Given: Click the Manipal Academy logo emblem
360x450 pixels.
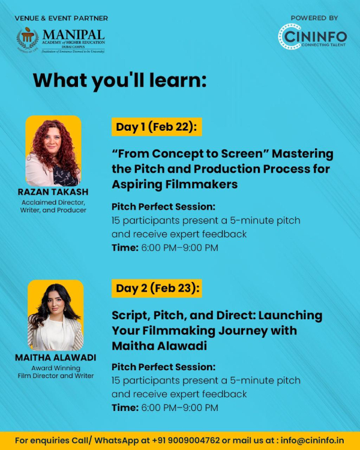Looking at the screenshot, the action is click(28, 40).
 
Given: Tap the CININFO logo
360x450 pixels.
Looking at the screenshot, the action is click(313, 37).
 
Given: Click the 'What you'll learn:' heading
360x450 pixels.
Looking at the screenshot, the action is click(120, 80).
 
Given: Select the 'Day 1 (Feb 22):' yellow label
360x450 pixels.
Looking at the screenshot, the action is click(157, 127).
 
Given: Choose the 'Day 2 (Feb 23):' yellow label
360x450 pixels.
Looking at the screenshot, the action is click(157, 288).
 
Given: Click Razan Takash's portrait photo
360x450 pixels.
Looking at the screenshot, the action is click(53, 151).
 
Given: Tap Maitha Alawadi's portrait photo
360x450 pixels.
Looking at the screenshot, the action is click(56, 316).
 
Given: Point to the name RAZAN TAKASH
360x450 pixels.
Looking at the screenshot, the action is click(53, 192).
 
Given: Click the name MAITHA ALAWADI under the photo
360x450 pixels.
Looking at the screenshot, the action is click(56, 358).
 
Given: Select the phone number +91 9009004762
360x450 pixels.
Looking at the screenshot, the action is click(186, 440).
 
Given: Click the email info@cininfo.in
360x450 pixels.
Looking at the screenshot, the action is click(312, 440).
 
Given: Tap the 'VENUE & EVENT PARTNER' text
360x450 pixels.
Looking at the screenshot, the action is click(61, 18).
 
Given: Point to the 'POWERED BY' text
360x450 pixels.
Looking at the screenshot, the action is click(314, 18).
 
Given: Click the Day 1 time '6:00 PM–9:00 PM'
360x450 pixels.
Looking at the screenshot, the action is click(180, 248).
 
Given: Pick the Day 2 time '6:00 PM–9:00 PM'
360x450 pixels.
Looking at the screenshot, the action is click(180, 407).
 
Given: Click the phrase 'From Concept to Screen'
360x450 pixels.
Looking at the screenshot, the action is click(190, 154).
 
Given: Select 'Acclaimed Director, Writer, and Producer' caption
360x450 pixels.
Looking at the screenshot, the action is click(53, 206).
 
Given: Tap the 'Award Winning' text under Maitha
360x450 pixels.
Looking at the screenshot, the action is click(56, 368).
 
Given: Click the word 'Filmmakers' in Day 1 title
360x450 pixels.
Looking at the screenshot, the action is click(202, 184).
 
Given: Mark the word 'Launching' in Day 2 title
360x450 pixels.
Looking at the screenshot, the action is click(290, 316).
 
